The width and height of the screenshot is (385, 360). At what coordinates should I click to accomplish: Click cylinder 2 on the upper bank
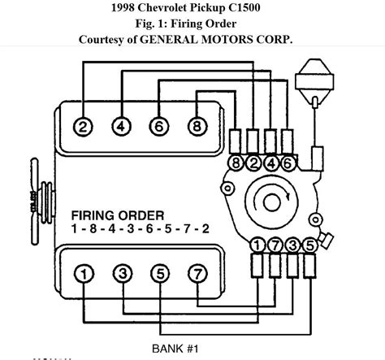coord(83,127)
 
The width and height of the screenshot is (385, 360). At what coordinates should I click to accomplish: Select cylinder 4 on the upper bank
coord(122,127)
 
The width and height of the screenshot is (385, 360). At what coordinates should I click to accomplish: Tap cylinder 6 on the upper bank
coord(159,127)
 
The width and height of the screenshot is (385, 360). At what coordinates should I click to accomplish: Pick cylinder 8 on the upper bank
coord(197,127)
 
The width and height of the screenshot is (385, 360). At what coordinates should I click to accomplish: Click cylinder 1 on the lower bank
coord(84,274)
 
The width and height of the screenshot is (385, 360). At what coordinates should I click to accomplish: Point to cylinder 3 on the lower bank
coord(123,273)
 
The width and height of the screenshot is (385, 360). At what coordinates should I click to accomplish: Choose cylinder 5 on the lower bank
coord(161,274)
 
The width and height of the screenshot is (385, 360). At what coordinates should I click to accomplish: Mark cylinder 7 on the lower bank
coord(198,274)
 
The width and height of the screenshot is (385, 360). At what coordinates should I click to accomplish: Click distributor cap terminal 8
coord(236,163)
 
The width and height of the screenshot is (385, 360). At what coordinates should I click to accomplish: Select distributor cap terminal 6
coord(288,163)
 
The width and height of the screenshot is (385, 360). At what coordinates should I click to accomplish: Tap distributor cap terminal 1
coord(257,245)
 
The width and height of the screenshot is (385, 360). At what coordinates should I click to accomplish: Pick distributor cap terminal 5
coord(310,245)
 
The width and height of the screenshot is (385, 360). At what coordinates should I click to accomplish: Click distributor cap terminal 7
coord(275,245)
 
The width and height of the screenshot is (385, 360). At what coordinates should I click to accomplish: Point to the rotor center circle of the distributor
coord(271,203)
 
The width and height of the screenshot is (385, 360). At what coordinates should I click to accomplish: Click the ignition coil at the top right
coord(314,79)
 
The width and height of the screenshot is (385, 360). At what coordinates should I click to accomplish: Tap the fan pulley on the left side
coord(43,202)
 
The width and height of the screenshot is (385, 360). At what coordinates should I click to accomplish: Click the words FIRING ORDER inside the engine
coord(118,215)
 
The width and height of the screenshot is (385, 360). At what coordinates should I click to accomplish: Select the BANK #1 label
coord(175,349)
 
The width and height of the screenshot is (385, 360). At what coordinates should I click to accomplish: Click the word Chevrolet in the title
coord(162,7)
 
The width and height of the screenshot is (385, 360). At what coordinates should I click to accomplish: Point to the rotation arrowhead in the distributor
coord(288,196)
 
